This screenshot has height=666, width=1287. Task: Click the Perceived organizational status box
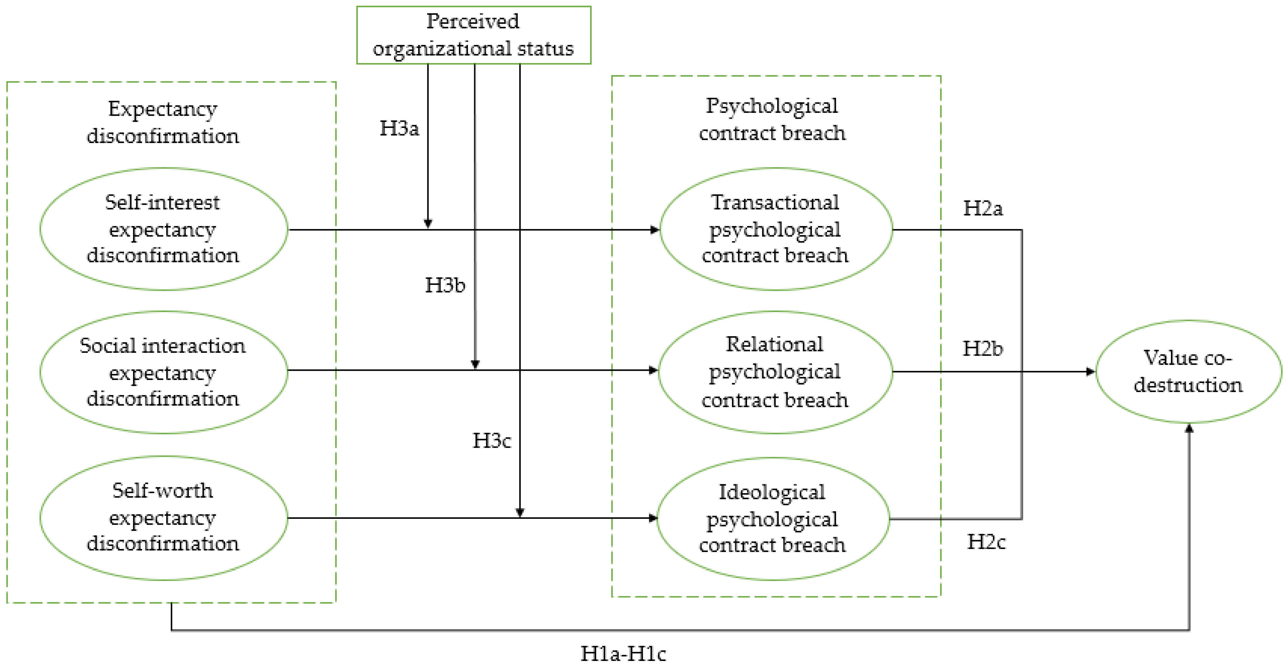[473, 35]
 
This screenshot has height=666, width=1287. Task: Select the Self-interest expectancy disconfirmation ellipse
[163, 229]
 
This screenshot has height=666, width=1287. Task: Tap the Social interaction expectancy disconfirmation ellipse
[163, 372]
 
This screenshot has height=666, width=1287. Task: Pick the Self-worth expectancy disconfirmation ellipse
[163, 518]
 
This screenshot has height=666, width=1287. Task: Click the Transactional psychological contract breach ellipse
[775, 229]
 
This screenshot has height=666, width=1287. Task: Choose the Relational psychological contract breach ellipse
[775, 372]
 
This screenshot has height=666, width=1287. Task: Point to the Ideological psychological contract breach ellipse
[773, 519]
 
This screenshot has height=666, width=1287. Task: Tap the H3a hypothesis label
[399, 129]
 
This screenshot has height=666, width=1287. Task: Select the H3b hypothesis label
[445, 285]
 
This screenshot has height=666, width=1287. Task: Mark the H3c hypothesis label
[492, 441]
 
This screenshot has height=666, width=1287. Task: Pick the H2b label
[982, 349]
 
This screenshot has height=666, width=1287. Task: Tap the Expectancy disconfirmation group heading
[163, 122]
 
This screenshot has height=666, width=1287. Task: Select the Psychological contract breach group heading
[772, 119]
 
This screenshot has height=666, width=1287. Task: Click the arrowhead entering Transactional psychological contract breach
[655, 230]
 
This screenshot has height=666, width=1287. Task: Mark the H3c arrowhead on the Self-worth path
[520, 512]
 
